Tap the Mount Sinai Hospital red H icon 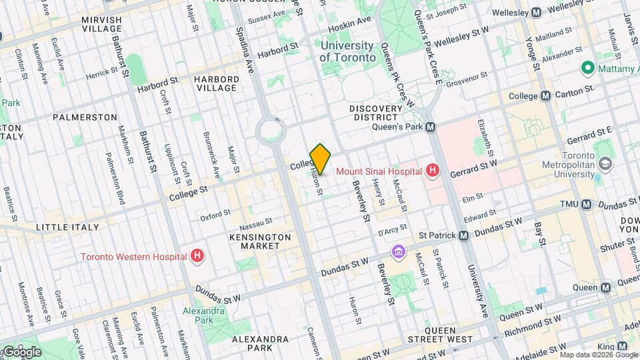(433, 171)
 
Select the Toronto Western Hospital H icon (197, 256)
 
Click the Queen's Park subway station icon (431, 127)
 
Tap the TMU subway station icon (586, 204)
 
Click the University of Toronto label (347, 51)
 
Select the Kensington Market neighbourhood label (260, 241)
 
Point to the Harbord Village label (215, 83)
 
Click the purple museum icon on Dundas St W (399, 252)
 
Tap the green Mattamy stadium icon (587, 67)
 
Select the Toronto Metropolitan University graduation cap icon (605, 163)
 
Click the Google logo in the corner (21, 351)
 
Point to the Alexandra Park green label (204, 316)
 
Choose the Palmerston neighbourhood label (85, 117)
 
